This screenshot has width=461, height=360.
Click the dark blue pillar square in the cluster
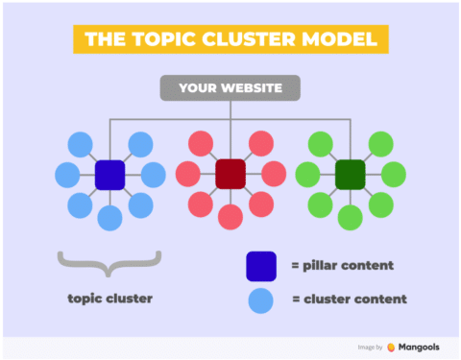110,175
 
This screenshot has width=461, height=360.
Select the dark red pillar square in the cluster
230,175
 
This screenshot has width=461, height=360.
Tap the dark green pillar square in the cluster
350,175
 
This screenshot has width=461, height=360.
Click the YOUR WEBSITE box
230,88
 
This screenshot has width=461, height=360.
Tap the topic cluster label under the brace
110,299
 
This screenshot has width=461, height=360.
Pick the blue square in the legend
260,264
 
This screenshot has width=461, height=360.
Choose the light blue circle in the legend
260,299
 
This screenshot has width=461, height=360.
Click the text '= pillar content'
343,265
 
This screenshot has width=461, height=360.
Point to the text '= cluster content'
349,299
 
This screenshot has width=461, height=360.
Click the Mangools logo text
421,347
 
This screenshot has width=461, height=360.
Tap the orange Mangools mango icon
391,347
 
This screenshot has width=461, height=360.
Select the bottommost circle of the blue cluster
110,218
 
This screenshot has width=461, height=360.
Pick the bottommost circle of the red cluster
230,218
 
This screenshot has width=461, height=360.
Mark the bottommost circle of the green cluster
350,218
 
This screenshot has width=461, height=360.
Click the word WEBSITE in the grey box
255,88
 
